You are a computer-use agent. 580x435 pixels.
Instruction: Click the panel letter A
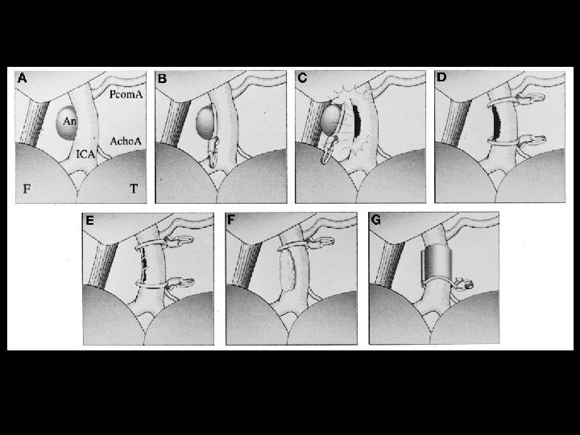pos(23,78)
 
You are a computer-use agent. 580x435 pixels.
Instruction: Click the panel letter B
pos(162,78)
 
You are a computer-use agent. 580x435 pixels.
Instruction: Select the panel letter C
pos(302,78)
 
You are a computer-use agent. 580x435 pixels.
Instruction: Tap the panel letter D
pos(441,77)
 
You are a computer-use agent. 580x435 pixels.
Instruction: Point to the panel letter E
pos(89,221)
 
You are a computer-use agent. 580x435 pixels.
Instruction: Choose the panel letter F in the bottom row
pos(231,221)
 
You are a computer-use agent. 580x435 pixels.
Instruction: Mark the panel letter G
pos(375,220)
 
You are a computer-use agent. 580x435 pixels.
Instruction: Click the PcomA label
pos(126,94)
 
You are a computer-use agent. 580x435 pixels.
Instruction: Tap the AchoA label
pos(126,141)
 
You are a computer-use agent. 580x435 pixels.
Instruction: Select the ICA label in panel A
pos(86,154)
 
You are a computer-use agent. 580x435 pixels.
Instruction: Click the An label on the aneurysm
pos(69,121)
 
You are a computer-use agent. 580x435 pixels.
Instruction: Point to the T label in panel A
pos(134,189)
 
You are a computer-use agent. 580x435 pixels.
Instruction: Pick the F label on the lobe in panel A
pos(27,189)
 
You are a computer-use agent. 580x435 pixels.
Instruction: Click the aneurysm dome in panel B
pos(205,122)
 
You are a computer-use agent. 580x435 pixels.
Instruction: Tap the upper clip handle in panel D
pos(531,98)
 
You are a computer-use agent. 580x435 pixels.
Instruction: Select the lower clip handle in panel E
pos(181,284)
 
